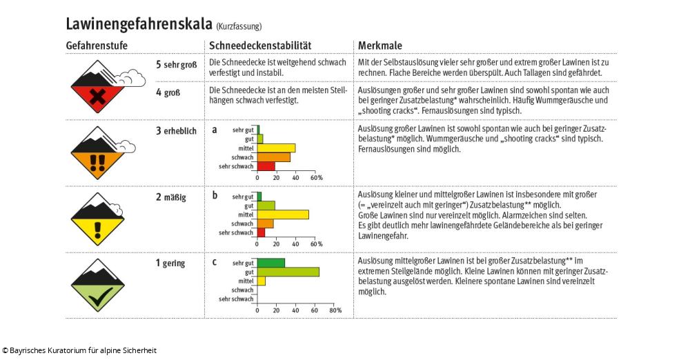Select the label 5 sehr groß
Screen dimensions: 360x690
(x=177, y=65)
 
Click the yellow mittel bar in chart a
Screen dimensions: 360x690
(x=276, y=148)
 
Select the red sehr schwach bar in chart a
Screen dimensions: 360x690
(x=266, y=166)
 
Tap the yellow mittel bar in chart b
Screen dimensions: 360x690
(x=283, y=214)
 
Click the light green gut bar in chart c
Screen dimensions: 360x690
(x=288, y=272)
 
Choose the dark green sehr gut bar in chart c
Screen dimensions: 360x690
(x=270, y=263)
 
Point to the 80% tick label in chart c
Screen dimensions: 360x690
(x=335, y=310)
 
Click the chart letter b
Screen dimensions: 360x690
(x=215, y=196)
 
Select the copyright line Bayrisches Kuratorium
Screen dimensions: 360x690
(x=79, y=350)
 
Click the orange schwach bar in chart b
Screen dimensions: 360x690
(x=265, y=223)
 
